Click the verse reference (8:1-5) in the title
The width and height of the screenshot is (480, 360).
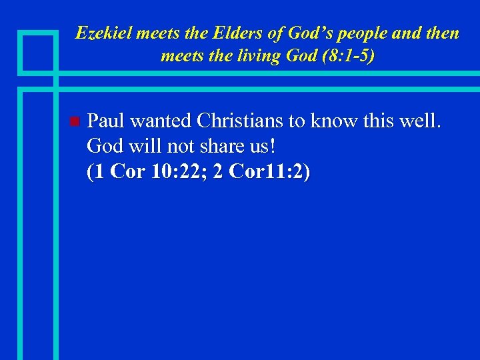click(x=347, y=55)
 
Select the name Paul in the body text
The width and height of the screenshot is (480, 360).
click(x=107, y=121)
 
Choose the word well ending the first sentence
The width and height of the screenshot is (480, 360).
click(x=418, y=121)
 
